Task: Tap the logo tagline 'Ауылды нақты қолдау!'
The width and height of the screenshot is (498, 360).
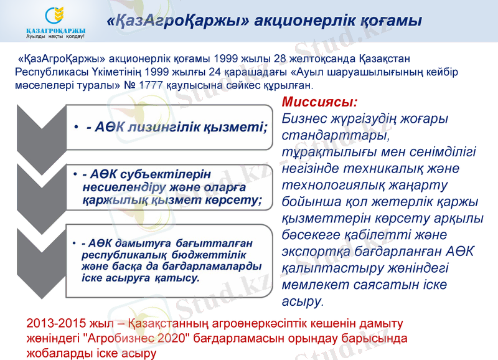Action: [x=56, y=36]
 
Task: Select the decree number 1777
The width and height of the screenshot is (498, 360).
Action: [x=146, y=84]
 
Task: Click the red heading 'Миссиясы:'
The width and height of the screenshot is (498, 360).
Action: [x=320, y=102]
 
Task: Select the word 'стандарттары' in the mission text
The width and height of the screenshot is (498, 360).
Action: [x=334, y=135]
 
